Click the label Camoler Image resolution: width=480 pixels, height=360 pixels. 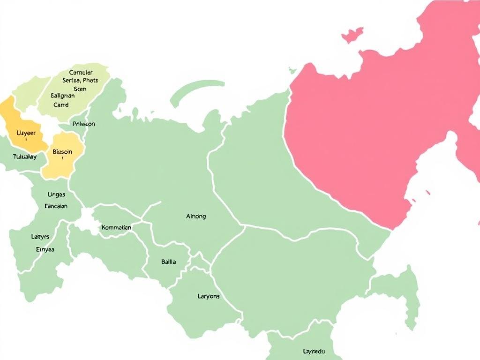point(81,73)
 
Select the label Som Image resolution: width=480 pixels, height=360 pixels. point(80,89)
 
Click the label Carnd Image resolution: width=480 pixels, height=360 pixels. point(61,105)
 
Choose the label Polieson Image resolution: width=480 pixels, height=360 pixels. point(84,124)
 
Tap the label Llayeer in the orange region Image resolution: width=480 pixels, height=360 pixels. point(26,133)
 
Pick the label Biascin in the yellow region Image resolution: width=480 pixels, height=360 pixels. point(63,152)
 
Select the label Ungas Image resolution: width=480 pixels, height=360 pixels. point(57,194)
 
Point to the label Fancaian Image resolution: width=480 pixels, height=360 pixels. point(56,206)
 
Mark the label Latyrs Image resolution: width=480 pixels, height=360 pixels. point(40,237)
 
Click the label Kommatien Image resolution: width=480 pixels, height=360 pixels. point(116,227)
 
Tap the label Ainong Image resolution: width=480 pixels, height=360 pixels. point(196,217)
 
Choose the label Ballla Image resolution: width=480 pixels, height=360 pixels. point(169,262)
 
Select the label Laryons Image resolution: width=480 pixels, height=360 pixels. point(209,296)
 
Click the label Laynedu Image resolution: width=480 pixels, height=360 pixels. point(314,351)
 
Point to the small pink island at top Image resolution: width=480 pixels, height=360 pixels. point(352,35)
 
